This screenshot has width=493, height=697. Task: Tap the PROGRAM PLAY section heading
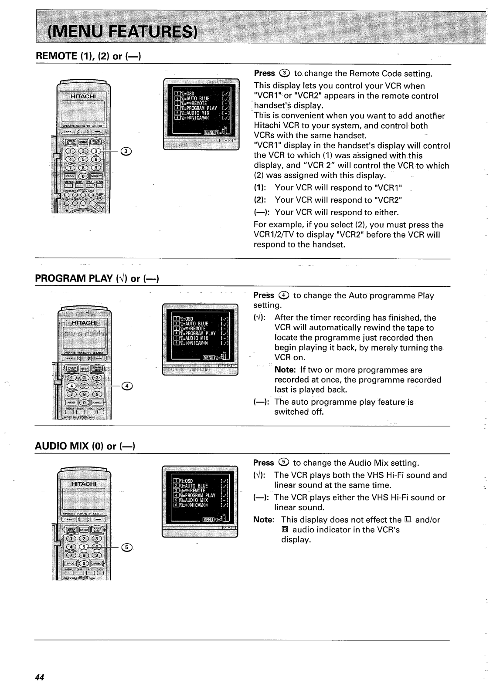click(96, 278)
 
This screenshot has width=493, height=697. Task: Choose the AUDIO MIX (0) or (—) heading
click(85, 446)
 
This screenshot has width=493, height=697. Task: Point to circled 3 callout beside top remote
click(126, 151)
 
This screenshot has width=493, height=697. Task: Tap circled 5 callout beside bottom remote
click(127, 547)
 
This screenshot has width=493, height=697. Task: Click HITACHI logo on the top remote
click(85, 96)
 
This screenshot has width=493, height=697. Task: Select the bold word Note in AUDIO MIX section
click(263, 520)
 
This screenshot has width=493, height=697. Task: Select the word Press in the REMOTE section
click(264, 73)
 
